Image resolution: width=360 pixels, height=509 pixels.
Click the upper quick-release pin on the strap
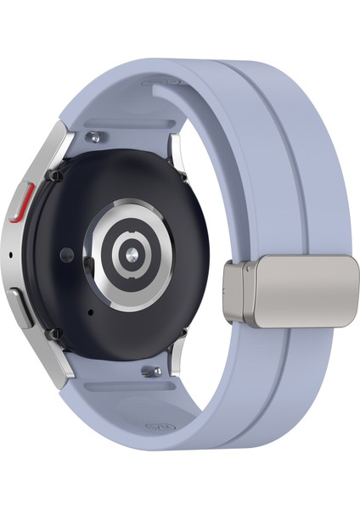pos(100,133)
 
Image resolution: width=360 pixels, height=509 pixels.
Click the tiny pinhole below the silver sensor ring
pos(90,311)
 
